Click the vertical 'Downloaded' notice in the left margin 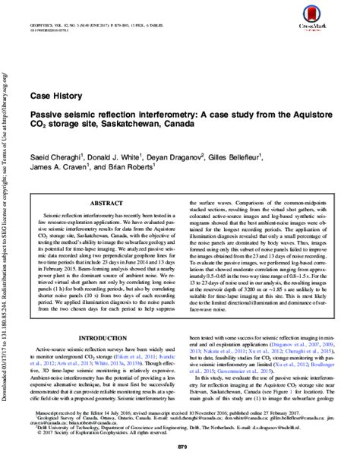(x=5, y=228)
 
